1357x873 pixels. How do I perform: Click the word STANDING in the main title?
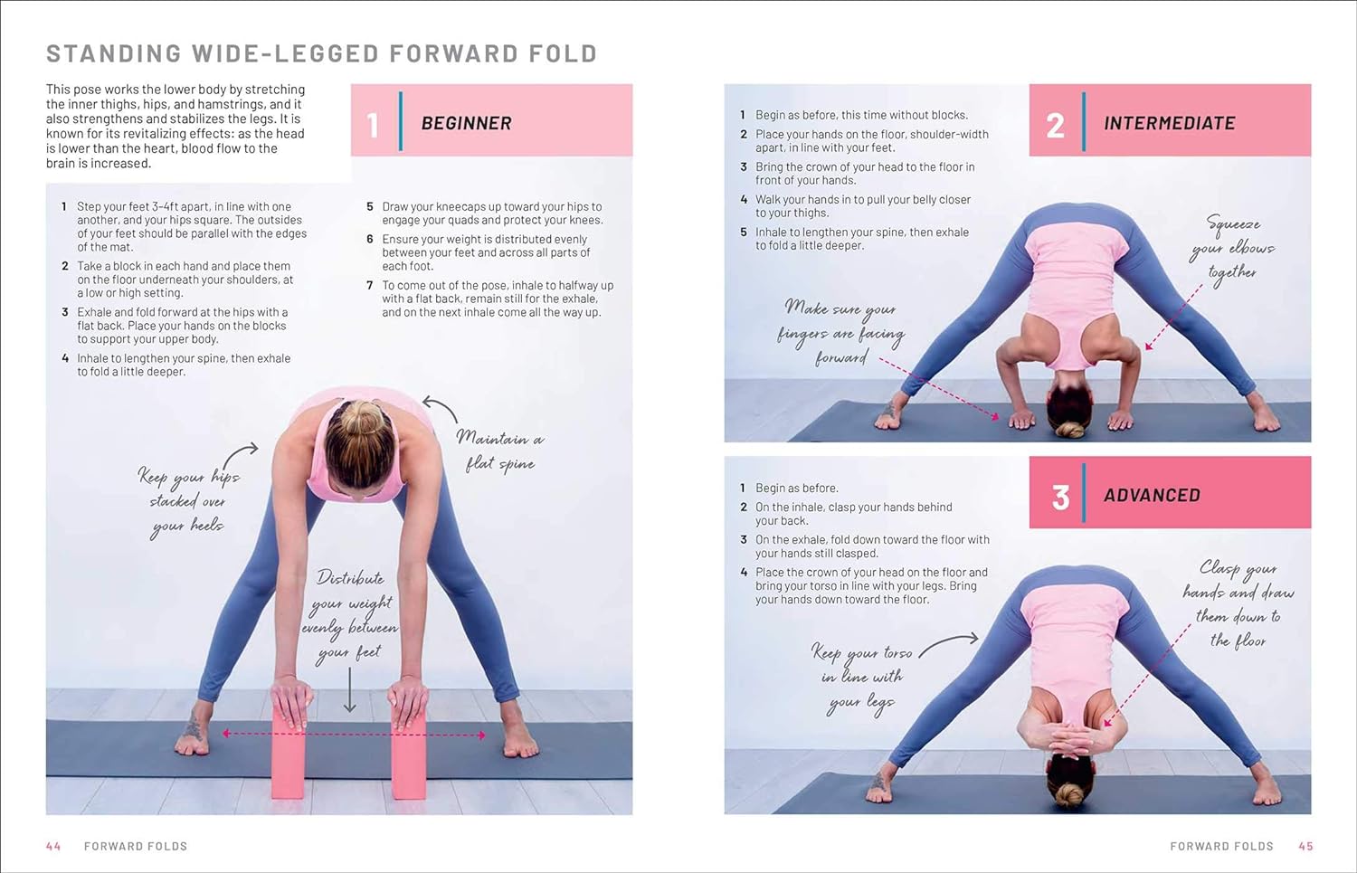tap(114, 53)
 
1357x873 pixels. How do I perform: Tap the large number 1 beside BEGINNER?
tap(373, 125)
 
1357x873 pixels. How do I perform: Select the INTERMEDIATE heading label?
tap(1169, 123)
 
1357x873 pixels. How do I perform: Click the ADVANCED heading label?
tap(1152, 495)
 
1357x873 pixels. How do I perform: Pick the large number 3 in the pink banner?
tap(1060, 498)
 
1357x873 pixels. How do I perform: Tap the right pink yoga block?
tap(408, 754)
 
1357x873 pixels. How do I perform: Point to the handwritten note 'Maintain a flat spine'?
tap(500, 451)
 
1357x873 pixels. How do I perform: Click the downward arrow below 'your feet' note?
tap(349, 689)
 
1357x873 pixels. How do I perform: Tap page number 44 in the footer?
tap(53, 847)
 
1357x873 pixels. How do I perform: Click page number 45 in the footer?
tap(1305, 847)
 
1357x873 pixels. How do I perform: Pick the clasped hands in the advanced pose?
tap(1070, 739)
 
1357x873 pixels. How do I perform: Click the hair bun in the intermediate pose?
tap(1070, 430)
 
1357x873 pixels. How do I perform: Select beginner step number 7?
tap(369, 285)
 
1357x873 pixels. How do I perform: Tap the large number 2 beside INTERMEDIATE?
tap(1056, 126)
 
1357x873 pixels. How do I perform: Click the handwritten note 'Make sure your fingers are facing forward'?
tap(840, 332)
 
